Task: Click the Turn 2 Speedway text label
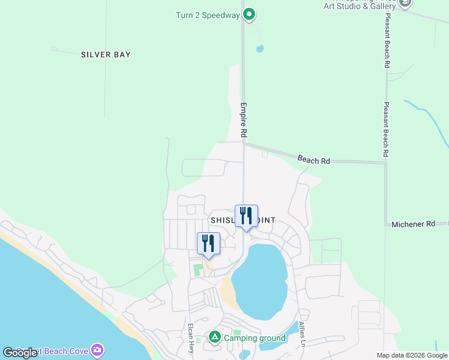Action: [208, 15]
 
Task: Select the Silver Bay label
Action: [106, 55]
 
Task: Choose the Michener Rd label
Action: [413, 224]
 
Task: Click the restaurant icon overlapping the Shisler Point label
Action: [246, 215]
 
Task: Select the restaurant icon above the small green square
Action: [208, 243]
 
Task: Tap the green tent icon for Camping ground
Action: [214, 338]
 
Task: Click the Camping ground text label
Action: [255, 338]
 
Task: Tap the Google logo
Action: [20, 353]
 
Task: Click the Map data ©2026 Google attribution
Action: [412, 355]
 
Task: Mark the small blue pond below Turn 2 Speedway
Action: [260, 49]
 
